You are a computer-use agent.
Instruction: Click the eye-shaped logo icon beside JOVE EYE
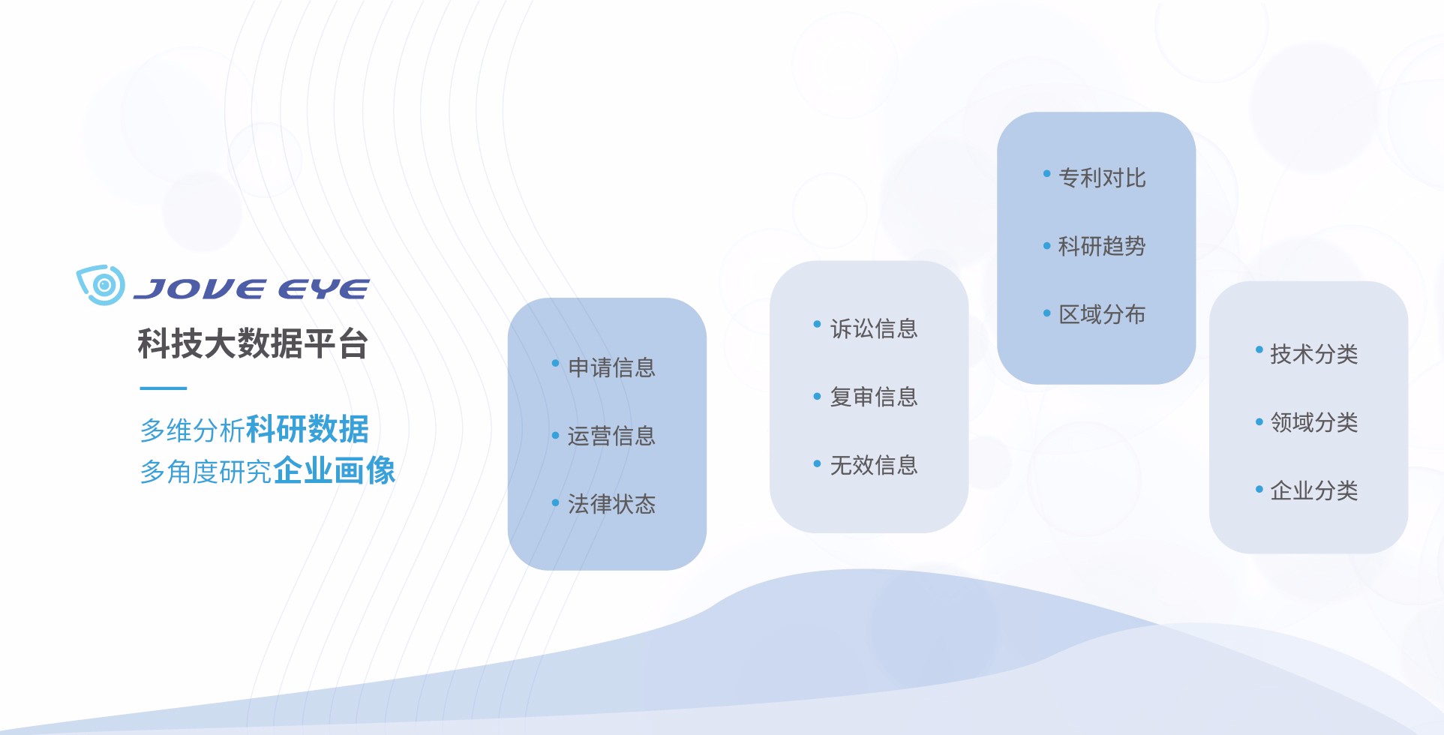click(101, 284)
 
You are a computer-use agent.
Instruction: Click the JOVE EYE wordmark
click(251, 289)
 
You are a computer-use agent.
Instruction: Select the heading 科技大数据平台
click(253, 343)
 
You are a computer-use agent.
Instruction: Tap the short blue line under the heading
click(163, 388)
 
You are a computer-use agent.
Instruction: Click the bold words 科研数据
click(308, 429)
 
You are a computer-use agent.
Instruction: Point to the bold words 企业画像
click(335, 470)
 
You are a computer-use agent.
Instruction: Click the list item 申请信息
click(611, 367)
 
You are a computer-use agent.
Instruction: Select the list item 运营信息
click(611, 436)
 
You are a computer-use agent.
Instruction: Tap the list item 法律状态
click(611, 504)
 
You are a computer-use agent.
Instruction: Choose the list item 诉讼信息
click(874, 328)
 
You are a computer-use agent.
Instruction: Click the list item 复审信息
click(874, 397)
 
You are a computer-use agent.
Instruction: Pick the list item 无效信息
click(874, 465)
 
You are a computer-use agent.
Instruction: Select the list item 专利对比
click(1102, 178)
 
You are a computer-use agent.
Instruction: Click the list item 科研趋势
click(1102, 246)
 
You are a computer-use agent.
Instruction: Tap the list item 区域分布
click(1102, 314)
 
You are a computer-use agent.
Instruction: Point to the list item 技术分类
click(1314, 354)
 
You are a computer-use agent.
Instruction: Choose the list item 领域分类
click(1314, 422)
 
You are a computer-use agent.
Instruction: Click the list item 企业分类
click(1314, 490)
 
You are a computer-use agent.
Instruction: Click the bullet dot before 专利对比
click(1046, 174)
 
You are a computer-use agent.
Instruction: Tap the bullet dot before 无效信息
click(817, 463)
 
